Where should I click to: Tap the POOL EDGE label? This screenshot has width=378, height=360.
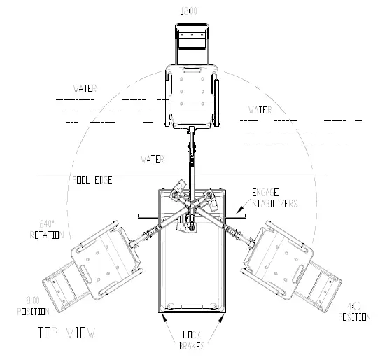(92, 180)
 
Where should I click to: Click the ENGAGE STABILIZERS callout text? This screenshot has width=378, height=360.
(275, 197)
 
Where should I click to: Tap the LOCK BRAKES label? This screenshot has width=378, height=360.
(192, 340)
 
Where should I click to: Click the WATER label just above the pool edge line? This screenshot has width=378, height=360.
(151, 160)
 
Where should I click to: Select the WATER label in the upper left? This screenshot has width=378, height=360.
(85, 89)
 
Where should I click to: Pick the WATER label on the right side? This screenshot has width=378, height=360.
(260, 110)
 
